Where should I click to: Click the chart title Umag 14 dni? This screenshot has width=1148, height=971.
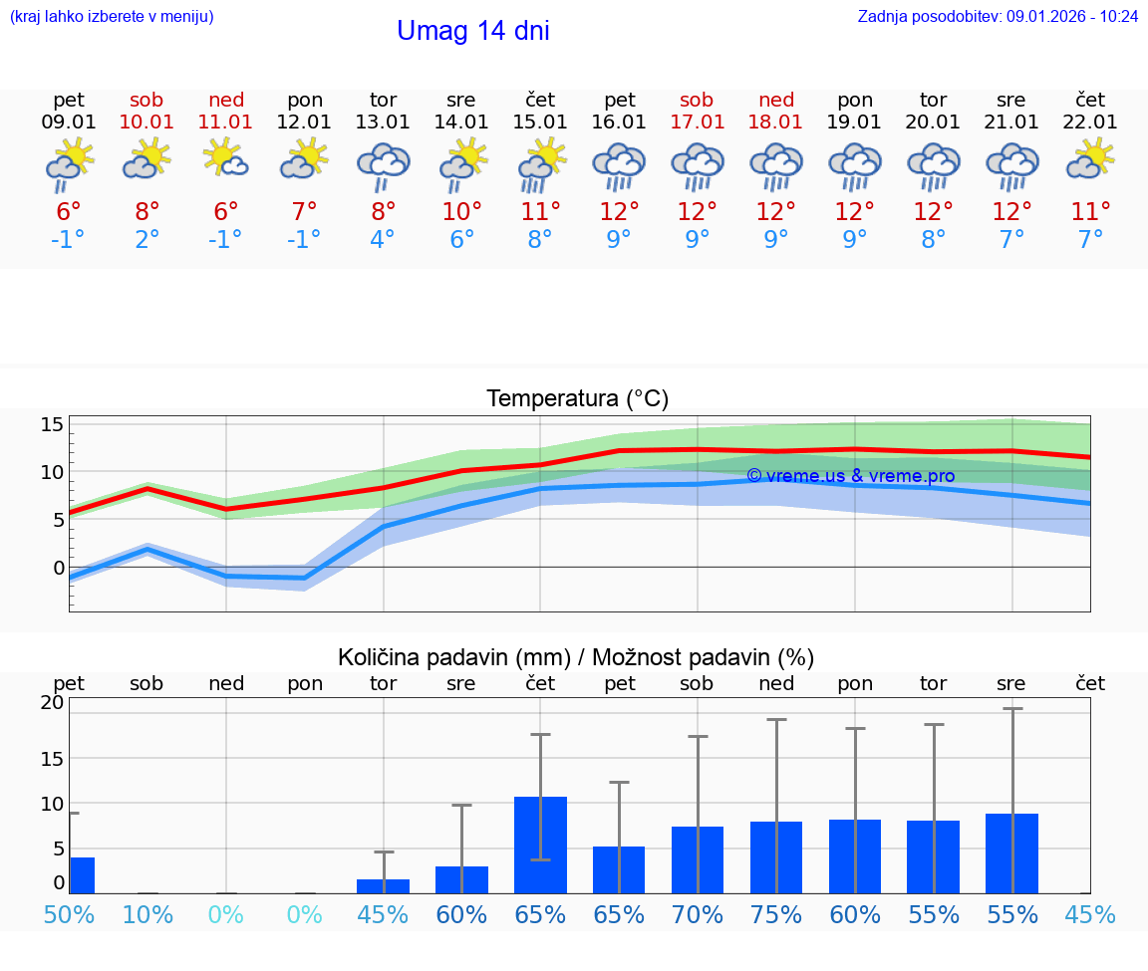point(472,31)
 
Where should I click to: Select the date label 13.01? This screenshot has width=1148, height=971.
point(383,122)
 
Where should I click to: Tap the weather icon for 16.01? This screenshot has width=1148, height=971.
point(619,166)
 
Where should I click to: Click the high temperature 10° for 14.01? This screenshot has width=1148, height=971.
point(461,212)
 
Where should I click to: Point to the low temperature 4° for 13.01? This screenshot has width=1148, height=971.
point(383,240)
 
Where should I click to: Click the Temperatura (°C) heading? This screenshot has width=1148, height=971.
point(577,399)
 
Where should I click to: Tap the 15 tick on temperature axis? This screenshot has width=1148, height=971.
point(53,425)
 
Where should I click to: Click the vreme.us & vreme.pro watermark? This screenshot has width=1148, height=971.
point(850,476)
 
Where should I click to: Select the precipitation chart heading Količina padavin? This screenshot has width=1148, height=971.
point(576,657)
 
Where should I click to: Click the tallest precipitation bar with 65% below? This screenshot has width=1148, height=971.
point(540,845)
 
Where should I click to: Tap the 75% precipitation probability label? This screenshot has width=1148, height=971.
point(776,914)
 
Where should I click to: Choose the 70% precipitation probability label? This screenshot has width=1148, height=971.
point(698,914)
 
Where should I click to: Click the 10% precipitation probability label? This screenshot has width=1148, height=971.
point(147,914)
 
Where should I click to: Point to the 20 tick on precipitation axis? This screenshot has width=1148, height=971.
point(52,702)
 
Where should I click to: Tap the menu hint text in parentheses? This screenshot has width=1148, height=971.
point(112,17)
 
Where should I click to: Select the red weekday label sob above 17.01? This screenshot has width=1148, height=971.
point(697,100)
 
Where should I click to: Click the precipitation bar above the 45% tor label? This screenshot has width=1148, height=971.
point(383,886)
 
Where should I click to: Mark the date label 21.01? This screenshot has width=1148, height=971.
point(1011,122)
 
